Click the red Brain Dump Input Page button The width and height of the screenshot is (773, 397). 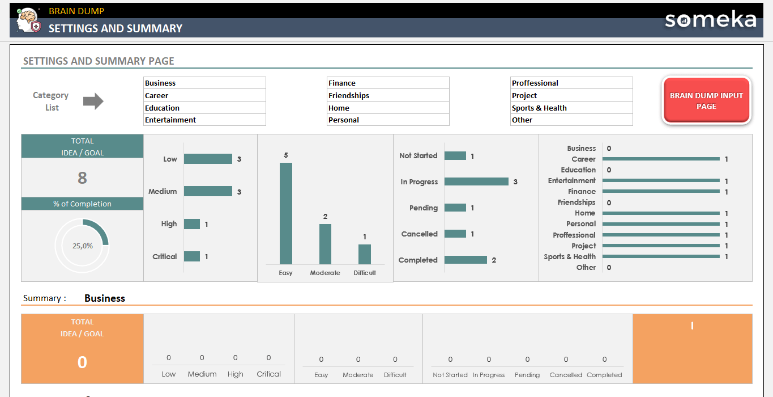706,100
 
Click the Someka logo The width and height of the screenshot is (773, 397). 710,20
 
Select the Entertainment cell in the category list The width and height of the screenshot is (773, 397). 204,120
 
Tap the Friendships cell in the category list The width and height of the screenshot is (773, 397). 388,95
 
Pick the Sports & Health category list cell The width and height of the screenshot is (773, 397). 571,108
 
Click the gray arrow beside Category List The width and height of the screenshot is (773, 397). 93,102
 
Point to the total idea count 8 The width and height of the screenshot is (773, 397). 82,178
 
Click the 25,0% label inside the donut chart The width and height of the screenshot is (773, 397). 82,246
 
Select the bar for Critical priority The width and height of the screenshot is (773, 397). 192,256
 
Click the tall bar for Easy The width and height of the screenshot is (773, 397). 286,213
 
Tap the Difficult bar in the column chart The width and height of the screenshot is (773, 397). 365,254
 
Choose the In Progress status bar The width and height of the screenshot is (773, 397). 476,181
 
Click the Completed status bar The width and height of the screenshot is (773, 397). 465,260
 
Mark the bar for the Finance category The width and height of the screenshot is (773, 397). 661,192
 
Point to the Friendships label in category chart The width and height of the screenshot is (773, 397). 576,202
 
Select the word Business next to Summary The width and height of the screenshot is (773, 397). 105,298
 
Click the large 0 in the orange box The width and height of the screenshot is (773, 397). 82,362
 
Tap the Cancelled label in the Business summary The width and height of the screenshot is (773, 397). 566,375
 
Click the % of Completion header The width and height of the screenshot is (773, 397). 82,204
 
